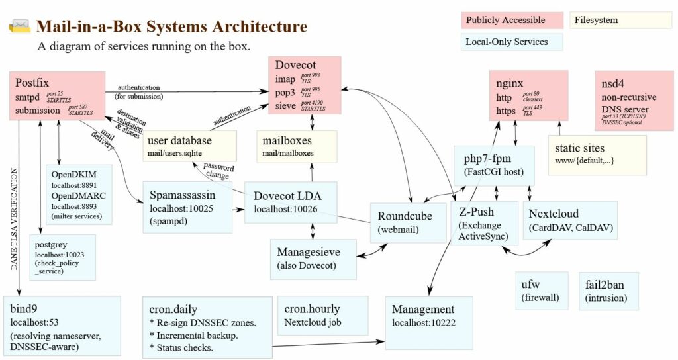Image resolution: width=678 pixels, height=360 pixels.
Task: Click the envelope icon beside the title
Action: [x=20, y=26]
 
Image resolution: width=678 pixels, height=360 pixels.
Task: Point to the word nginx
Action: [x=510, y=83]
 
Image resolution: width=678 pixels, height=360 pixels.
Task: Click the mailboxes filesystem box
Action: [x=296, y=146]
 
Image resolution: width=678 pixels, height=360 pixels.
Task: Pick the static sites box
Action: [x=597, y=154]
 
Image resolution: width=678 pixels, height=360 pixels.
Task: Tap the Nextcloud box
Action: [x=570, y=220]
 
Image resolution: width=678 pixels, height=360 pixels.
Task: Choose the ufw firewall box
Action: [x=542, y=291]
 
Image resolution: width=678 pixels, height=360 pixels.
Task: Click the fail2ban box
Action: [x=608, y=291]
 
